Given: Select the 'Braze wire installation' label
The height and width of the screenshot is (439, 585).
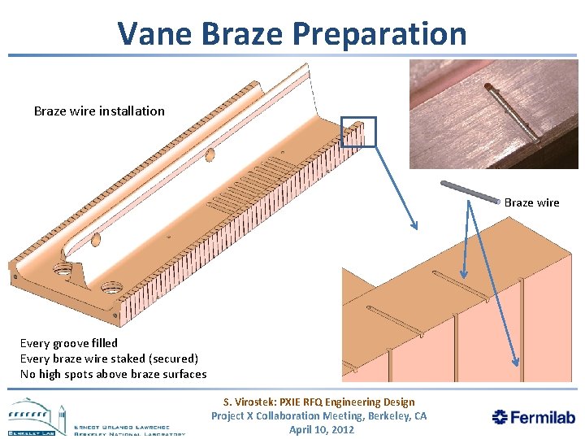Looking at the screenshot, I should click(x=99, y=111).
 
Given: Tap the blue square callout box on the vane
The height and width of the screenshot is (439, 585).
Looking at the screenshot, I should click(x=358, y=132).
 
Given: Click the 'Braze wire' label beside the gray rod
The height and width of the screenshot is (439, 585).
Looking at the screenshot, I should click(x=531, y=202).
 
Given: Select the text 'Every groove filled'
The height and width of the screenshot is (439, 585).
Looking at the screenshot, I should click(x=69, y=343).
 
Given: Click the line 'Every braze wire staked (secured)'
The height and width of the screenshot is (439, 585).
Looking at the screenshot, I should click(x=109, y=359).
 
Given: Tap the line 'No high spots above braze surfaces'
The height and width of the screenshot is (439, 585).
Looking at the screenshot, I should click(x=113, y=374).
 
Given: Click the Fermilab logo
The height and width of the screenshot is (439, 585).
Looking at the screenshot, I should click(x=534, y=417).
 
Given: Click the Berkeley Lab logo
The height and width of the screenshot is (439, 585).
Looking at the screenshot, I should click(x=96, y=417).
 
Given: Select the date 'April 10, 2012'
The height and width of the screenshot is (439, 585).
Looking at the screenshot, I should click(x=322, y=429).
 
